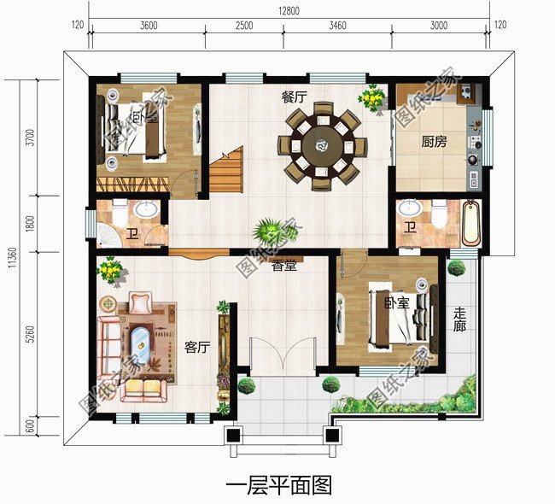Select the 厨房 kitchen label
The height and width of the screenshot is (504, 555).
point(434,143)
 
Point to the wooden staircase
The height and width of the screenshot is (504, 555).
point(227,170)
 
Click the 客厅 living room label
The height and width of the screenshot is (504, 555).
point(197,347)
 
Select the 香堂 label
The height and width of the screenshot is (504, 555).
point(284,267)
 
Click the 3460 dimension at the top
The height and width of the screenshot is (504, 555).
point(336,26)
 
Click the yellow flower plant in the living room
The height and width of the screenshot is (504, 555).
point(110,272)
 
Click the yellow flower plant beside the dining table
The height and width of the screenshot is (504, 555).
point(371,98)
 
